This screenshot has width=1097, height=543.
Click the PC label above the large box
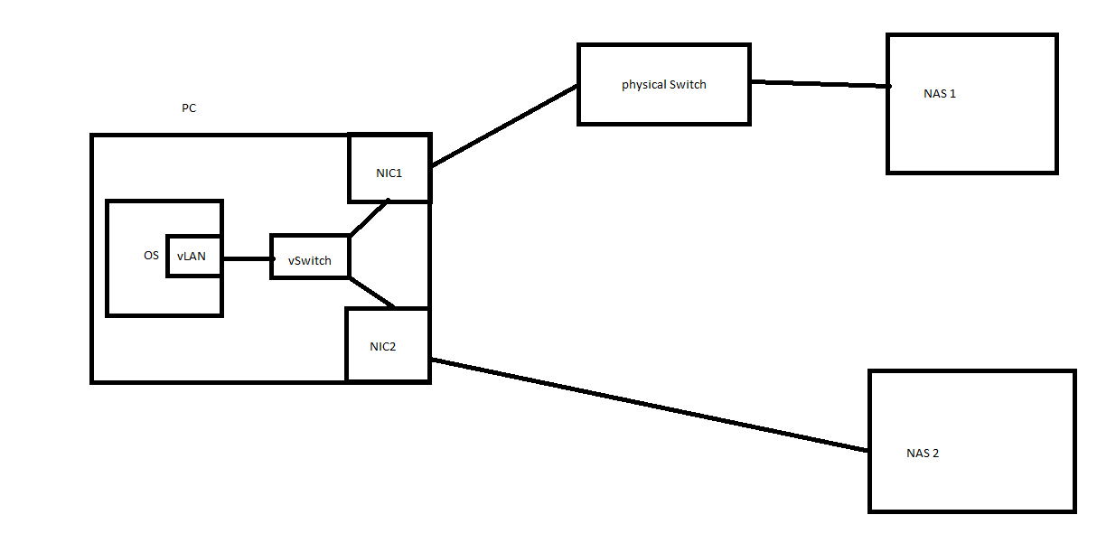click(x=189, y=108)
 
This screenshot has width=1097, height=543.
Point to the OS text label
click(x=151, y=255)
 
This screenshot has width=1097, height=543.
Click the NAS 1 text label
click(x=939, y=94)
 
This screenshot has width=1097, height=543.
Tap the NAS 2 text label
click(x=923, y=453)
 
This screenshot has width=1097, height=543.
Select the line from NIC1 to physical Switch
click(x=504, y=126)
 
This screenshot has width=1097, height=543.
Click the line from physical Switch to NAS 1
click(x=820, y=84)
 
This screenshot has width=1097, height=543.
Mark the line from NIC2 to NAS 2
click(x=650, y=405)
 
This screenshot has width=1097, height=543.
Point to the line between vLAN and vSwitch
click(x=248, y=258)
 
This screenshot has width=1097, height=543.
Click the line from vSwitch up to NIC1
click(x=370, y=218)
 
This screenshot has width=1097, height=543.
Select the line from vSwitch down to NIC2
click(x=371, y=293)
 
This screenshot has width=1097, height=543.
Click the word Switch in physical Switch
click(x=688, y=84)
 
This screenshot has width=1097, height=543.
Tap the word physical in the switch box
click(x=643, y=85)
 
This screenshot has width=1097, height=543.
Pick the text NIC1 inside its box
click(x=389, y=173)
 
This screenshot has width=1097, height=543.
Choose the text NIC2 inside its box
click(x=382, y=347)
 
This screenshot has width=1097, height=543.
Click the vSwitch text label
click(x=310, y=260)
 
